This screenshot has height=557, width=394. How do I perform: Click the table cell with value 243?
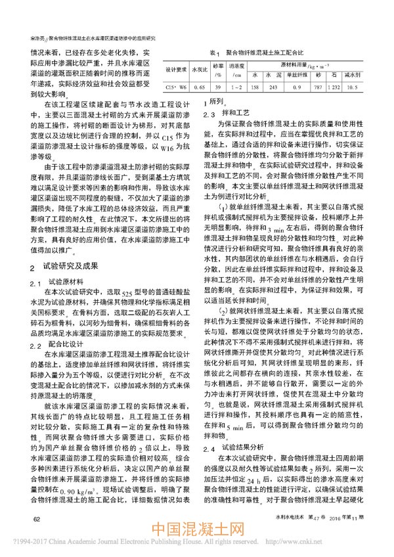pyautogui.click(x=273, y=86)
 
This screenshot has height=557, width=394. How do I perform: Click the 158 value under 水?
pyautogui.click(x=255, y=86)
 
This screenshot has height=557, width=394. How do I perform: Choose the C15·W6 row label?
pyautogui.click(x=176, y=86)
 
